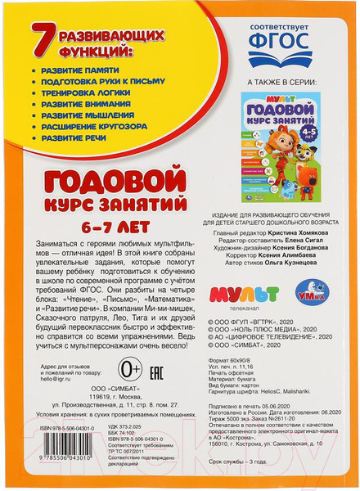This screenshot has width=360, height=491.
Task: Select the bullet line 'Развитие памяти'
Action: tap(79, 72)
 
